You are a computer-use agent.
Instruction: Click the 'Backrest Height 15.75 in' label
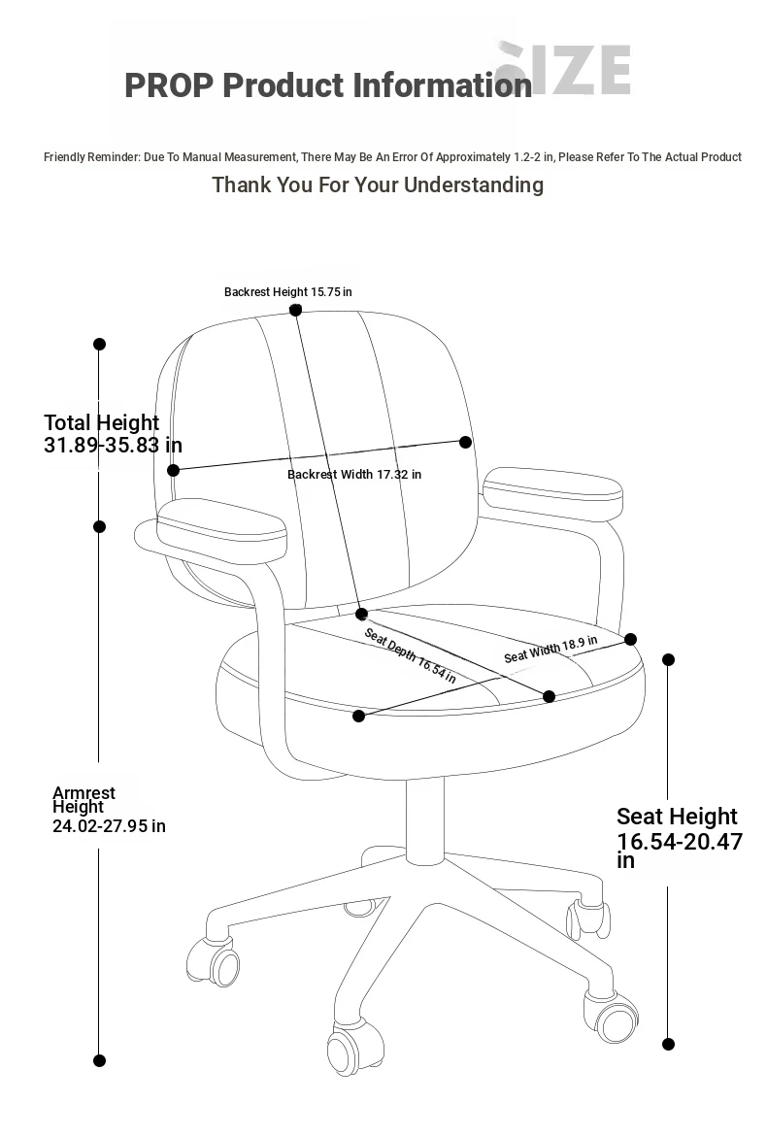point(287,292)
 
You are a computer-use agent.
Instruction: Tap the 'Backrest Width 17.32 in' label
point(354,475)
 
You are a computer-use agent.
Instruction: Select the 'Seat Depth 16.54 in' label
point(410,655)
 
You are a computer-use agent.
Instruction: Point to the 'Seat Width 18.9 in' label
point(550,649)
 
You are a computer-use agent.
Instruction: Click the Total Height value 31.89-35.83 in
point(113,445)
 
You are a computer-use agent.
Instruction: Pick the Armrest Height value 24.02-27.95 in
point(109,826)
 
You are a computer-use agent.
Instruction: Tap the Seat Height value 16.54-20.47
point(680,841)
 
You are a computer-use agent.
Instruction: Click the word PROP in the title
point(170,85)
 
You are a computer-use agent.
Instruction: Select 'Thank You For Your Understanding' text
point(378,185)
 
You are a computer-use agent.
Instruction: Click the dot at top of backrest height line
point(295,310)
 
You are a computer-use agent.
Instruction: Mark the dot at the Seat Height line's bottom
point(669,1044)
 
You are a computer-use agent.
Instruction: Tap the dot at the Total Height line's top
point(100,344)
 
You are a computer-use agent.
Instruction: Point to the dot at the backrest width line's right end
point(466,442)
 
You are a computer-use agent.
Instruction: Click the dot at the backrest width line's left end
point(173,470)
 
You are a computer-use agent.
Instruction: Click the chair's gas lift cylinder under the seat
point(424,819)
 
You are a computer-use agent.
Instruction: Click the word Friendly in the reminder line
point(64,157)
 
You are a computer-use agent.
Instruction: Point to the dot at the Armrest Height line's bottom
point(100,1060)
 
